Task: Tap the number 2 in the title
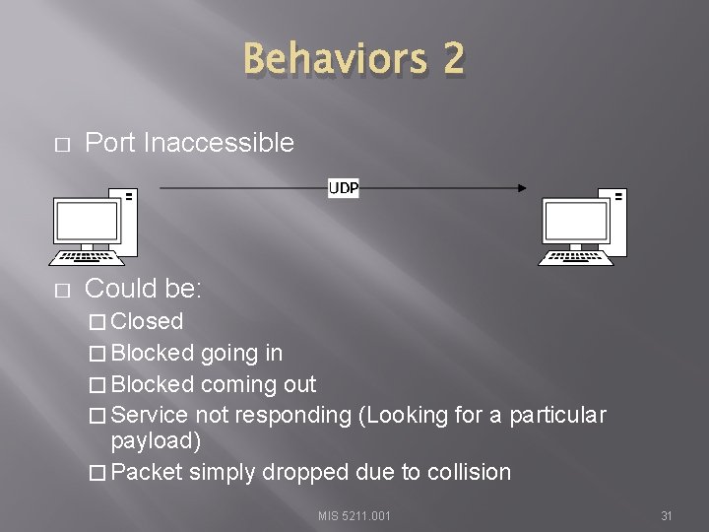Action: click(x=453, y=59)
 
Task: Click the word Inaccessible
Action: click(x=219, y=143)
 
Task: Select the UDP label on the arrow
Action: click(x=343, y=188)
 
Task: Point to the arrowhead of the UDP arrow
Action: click(x=521, y=188)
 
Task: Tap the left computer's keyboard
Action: click(x=87, y=258)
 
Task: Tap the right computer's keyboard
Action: click(x=574, y=258)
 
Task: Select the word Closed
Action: click(x=148, y=321)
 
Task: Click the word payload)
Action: click(x=156, y=439)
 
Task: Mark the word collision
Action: click(x=469, y=472)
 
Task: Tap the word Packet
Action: click(x=147, y=472)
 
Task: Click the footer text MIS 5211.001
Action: click(x=354, y=515)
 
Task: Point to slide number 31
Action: click(x=666, y=515)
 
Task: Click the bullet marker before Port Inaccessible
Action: click(x=61, y=145)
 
